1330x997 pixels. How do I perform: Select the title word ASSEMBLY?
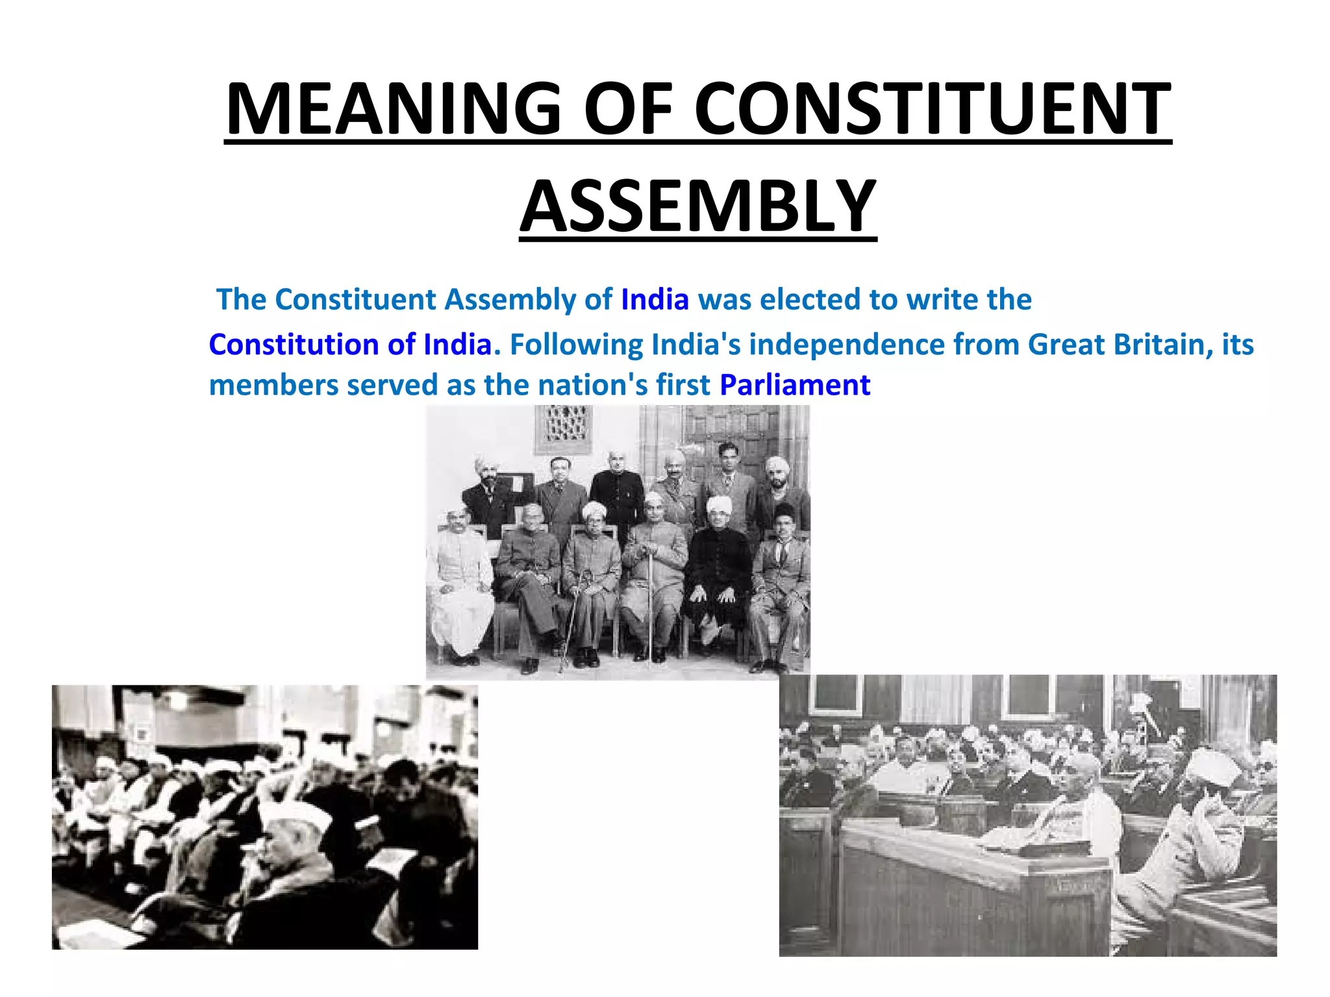[698, 206]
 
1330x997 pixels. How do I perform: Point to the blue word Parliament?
[795, 385]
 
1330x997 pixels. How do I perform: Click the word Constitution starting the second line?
[294, 345]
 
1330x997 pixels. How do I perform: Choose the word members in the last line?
[273, 385]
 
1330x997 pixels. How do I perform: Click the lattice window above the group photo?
[564, 425]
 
